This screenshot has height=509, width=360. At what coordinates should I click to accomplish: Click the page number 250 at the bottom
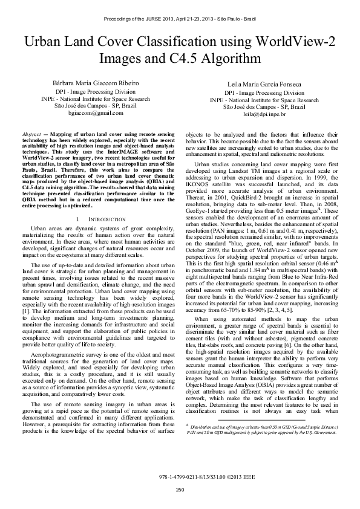click(x=180, y=489)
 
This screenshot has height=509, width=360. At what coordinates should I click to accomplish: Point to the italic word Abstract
click(x=31, y=132)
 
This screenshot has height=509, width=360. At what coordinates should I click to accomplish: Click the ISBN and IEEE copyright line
click(x=180, y=477)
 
